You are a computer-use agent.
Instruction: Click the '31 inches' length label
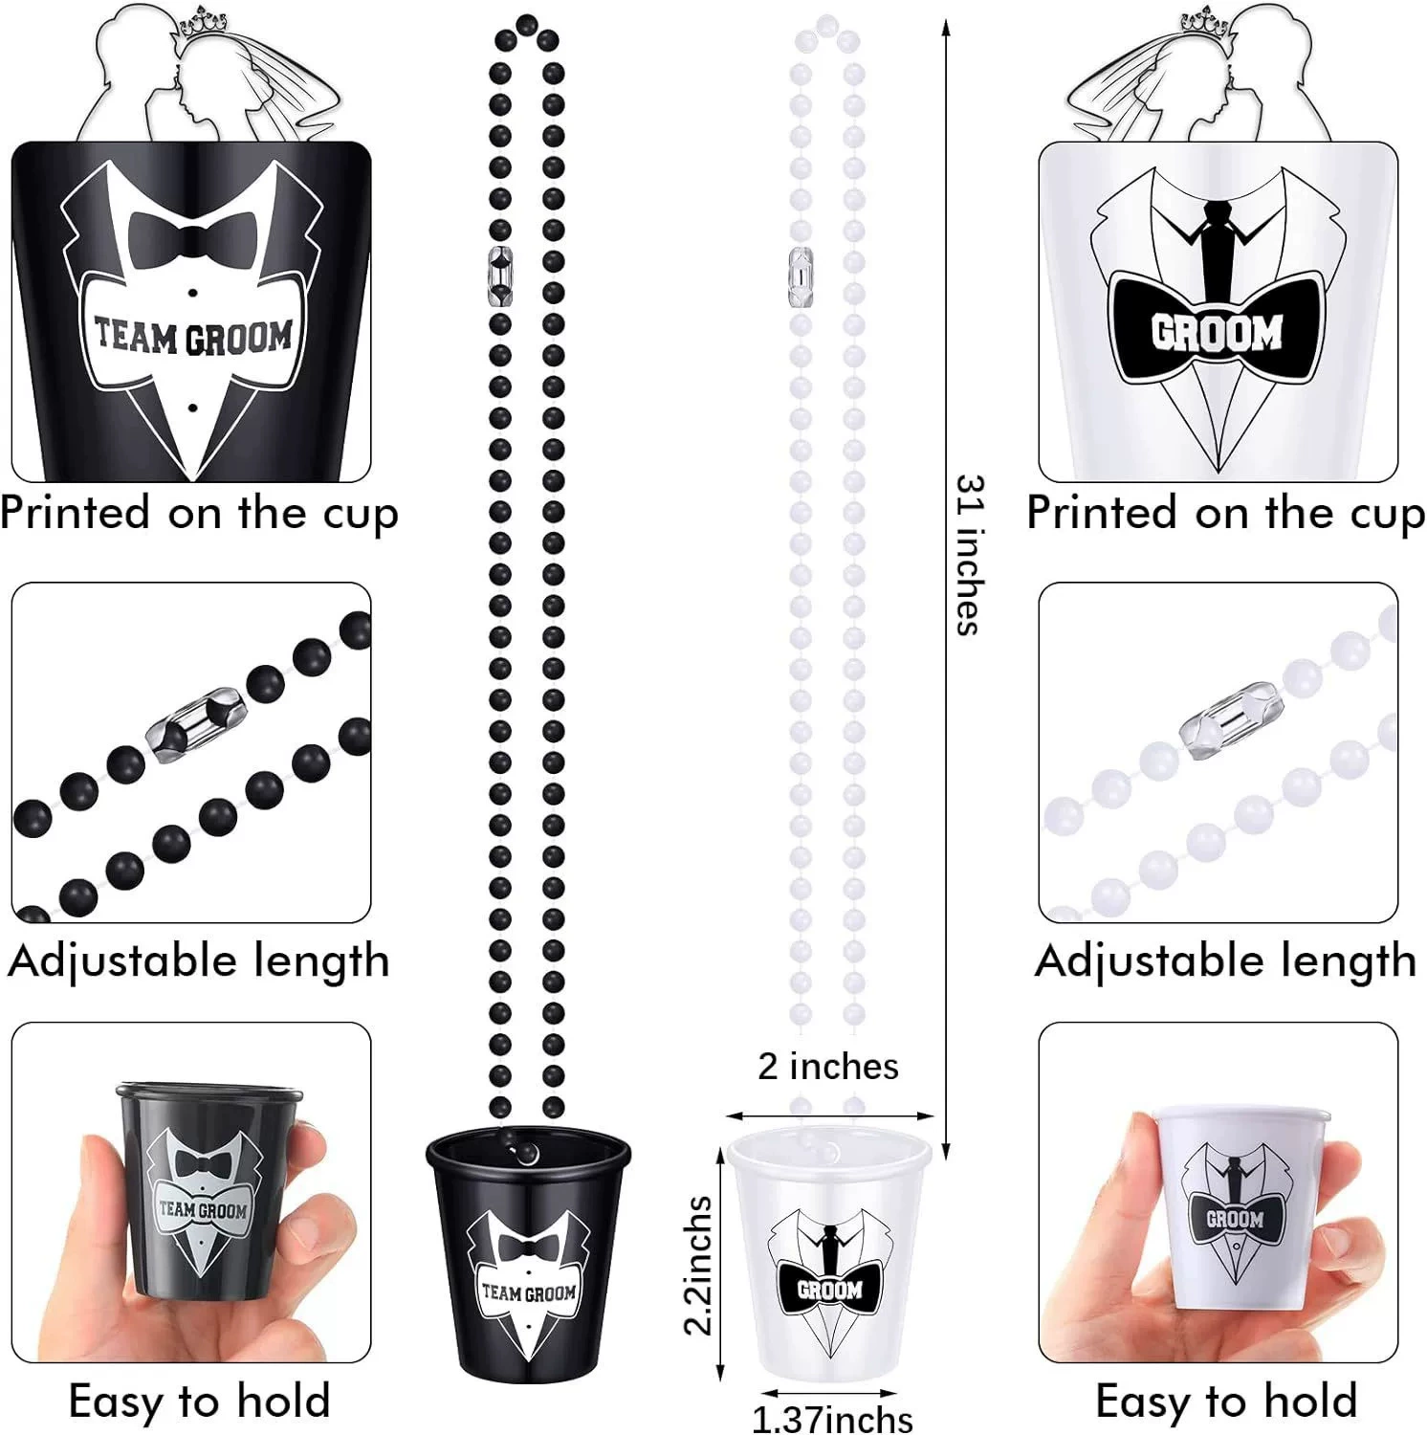click(969, 555)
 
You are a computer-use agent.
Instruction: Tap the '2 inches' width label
click(828, 1066)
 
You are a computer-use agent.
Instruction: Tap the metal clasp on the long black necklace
click(500, 276)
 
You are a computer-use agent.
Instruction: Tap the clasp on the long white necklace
click(801, 276)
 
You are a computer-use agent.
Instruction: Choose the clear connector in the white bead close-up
click(1230, 719)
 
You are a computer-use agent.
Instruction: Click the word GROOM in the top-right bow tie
click(1217, 332)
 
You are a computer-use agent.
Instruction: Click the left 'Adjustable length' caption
click(199, 960)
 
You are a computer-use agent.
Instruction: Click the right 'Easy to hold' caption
click(1226, 1402)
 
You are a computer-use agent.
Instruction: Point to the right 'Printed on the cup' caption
click(1226, 513)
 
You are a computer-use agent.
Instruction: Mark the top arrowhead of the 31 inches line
click(946, 27)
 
